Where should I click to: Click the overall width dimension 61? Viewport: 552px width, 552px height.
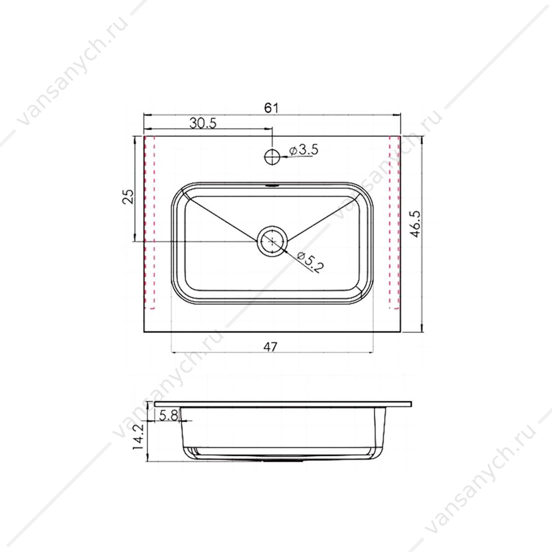tap(271, 108)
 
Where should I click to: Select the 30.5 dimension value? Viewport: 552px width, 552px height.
tap(203, 123)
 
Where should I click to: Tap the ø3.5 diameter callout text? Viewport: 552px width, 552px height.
tap(304, 150)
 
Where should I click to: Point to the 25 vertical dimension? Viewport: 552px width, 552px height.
tap(128, 196)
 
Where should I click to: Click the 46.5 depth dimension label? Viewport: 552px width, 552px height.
tap(415, 224)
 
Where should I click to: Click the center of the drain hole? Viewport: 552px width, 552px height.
tap(272, 241)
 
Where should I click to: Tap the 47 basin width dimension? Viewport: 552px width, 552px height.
tap(270, 347)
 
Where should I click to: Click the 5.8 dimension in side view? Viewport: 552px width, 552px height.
tap(169, 415)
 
